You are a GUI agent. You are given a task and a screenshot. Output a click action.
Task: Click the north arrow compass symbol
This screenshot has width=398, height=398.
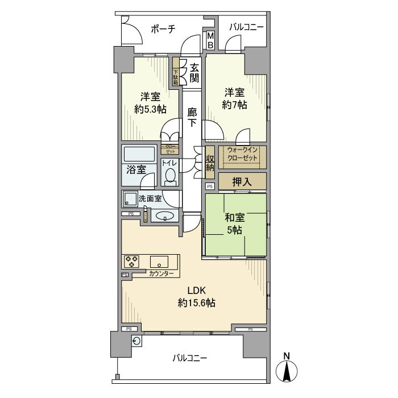(x=287, y=370)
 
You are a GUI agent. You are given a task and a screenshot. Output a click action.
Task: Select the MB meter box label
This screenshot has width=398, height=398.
(x=210, y=40)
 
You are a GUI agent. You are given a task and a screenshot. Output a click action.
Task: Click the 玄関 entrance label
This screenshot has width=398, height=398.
(x=194, y=71)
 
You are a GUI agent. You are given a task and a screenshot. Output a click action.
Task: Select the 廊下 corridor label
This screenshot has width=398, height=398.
(x=193, y=118)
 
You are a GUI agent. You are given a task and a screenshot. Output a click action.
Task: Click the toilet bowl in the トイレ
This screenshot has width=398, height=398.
(x=170, y=177)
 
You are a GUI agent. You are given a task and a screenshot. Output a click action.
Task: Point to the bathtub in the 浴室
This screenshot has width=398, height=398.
(x=139, y=155)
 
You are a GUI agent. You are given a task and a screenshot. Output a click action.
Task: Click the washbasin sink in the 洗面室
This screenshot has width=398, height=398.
(x=165, y=215)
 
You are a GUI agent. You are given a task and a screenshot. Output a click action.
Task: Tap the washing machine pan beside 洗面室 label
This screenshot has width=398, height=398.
(x=130, y=199)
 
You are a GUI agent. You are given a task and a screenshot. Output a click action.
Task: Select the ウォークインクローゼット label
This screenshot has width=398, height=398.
(x=242, y=154)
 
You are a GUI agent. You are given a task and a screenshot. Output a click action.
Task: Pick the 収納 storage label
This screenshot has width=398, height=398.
(x=209, y=163)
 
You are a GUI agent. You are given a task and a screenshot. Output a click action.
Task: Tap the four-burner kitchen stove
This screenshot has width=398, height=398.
(x=132, y=262)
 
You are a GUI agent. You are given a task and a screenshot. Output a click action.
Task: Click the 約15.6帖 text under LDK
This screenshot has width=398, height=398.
(x=196, y=302)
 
